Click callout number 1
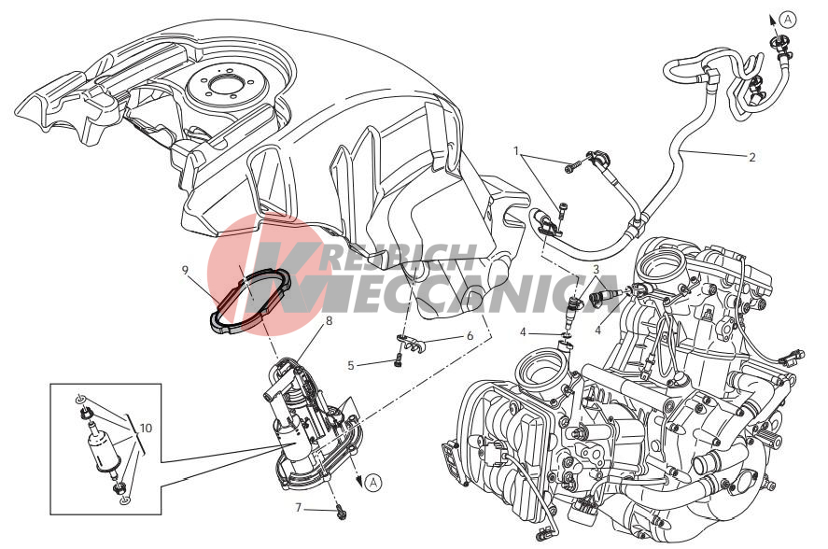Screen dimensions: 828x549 click(517, 151)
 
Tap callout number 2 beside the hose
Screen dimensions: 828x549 click(752, 157)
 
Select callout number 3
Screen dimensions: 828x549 click(596, 270)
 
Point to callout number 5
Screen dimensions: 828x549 click(351, 365)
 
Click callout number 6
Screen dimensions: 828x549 click(470, 336)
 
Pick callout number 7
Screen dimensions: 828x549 click(299, 508)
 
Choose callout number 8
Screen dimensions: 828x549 click(329, 321)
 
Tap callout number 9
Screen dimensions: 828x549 click(185, 270)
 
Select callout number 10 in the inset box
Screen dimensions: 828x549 click(147, 427)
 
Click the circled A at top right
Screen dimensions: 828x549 click(788, 20)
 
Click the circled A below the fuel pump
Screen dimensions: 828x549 click(373, 482)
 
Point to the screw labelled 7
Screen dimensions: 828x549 click(341, 512)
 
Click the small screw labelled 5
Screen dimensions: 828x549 click(399, 361)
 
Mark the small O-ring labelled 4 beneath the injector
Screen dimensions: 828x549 click(567, 334)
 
